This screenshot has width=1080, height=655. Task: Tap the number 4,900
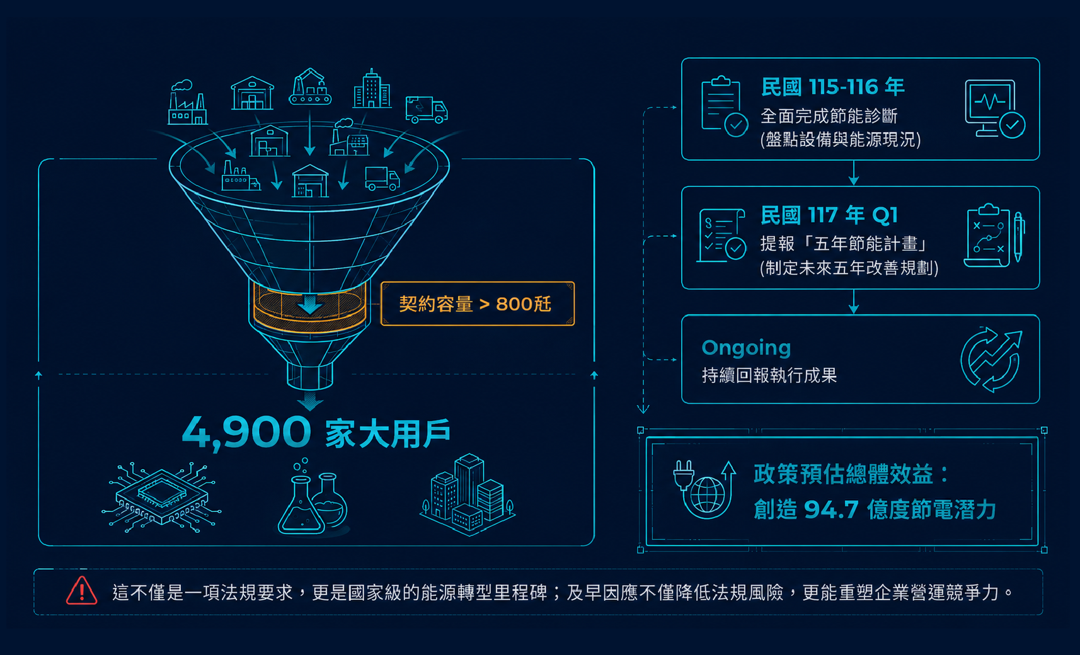click(246, 432)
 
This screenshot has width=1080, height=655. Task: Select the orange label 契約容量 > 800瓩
click(478, 304)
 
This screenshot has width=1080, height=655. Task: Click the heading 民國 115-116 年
click(832, 88)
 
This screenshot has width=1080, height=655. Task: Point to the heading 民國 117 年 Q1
click(829, 215)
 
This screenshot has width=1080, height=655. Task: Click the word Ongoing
click(746, 348)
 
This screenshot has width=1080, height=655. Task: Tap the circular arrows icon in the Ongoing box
click(991, 359)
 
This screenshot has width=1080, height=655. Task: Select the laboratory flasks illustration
click(313, 497)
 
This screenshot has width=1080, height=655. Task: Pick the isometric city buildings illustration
click(468, 494)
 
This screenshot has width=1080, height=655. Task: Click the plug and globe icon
click(704, 489)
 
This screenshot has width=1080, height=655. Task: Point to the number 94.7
click(831, 510)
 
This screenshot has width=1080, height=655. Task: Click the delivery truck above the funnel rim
click(426, 110)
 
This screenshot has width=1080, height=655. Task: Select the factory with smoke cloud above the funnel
click(188, 102)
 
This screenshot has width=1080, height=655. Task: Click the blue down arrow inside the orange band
click(309, 305)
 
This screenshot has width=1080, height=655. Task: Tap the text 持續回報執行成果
click(769, 375)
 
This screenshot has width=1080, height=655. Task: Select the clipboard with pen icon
click(995, 236)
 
